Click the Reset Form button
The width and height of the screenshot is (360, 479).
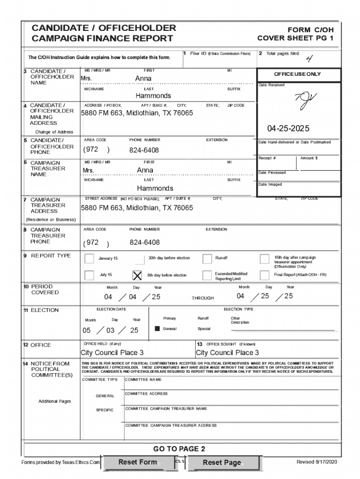[x=137, y=462]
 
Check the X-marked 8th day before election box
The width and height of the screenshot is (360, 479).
[x=137, y=275]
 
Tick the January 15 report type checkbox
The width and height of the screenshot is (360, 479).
[x=89, y=259]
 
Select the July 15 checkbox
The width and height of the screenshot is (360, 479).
[x=89, y=275]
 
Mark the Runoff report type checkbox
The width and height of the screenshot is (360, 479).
[x=207, y=259]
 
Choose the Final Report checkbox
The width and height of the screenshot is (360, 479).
[x=264, y=275]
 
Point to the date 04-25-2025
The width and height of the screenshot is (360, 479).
[x=288, y=128]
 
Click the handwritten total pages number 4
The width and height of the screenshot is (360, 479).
[x=309, y=58]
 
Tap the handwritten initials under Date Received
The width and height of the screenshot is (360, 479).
[x=305, y=100]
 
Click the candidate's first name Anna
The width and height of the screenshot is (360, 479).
[x=143, y=79]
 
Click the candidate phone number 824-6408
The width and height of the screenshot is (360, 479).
[x=144, y=150]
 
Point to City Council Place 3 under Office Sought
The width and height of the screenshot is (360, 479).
[x=227, y=353]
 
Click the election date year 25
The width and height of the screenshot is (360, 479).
[x=134, y=330]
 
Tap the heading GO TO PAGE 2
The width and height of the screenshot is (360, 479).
[x=180, y=449]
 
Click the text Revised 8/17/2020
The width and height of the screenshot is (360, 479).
[x=316, y=462]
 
